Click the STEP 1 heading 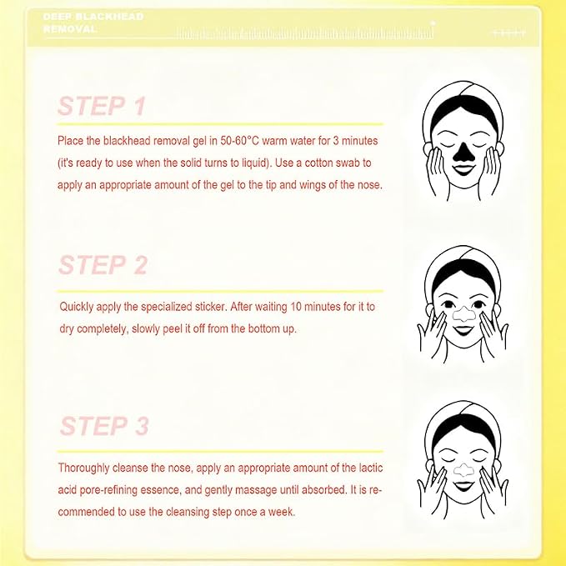tap(102, 106)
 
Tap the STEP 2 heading tap(103, 265)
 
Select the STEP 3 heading tap(104, 426)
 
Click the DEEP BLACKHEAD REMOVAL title tap(93, 23)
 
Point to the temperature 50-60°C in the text tap(240, 140)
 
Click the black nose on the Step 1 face tap(463, 152)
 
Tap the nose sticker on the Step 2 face tap(463, 314)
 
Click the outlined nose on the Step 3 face tap(463, 469)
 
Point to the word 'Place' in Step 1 tap(70, 140)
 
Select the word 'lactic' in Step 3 tap(371, 468)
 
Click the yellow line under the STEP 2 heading tap(220, 291)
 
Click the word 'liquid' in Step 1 tap(256, 163)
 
